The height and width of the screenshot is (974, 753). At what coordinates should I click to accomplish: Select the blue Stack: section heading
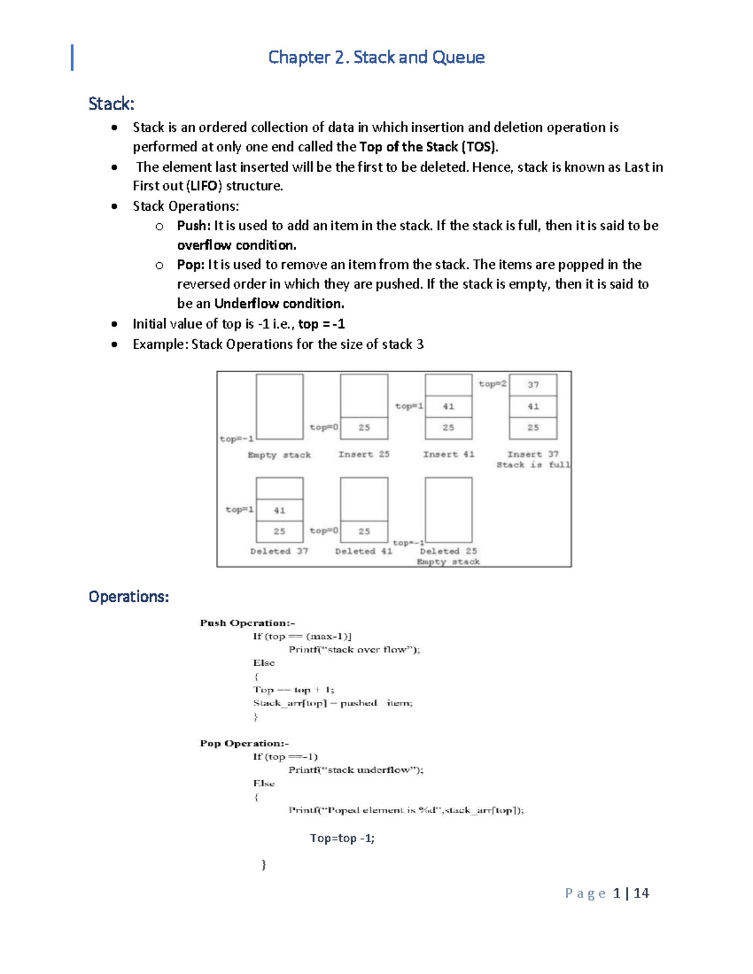click(x=111, y=103)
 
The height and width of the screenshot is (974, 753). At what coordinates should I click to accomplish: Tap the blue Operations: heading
click(x=129, y=596)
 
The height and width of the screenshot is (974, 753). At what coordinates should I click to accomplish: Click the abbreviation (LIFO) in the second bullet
click(x=204, y=186)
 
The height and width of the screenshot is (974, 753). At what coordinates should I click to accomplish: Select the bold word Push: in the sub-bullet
click(x=194, y=226)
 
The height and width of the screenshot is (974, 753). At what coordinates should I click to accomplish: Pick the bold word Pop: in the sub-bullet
click(x=191, y=265)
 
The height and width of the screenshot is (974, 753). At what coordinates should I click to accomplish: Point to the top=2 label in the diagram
click(x=493, y=384)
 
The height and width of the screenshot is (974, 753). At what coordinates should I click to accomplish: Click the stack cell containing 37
click(x=533, y=385)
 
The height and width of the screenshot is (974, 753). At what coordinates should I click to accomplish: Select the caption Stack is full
click(x=533, y=465)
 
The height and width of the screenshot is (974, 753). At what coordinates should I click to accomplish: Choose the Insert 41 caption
click(x=449, y=454)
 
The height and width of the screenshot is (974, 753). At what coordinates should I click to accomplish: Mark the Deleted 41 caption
click(x=363, y=551)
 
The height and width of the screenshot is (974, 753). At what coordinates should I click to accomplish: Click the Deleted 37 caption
click(x=279, y=551)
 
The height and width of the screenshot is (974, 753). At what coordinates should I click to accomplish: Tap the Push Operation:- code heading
click(x=247, y=623)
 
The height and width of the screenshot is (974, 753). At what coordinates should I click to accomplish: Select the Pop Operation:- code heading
click(x=244, y=743)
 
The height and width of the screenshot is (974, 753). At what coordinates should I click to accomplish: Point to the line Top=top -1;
click(x=342, y=839)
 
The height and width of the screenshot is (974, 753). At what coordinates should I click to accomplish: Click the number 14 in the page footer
click(x=641, y=893)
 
